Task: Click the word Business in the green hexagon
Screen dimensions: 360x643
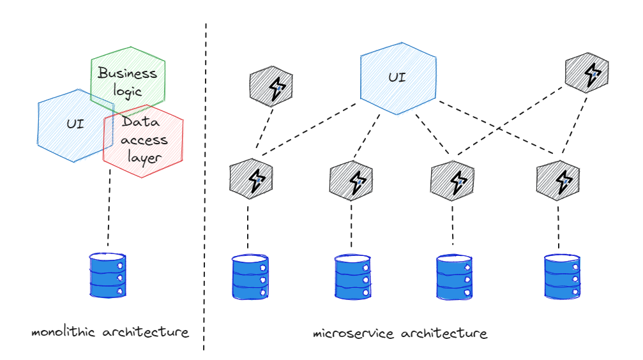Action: coord(127,73)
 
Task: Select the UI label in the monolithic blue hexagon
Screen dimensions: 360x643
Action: coord(75,124)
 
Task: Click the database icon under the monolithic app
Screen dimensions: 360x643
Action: coord(108,275)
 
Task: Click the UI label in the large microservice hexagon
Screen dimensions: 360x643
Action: coord(397,79)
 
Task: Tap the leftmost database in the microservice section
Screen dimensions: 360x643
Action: coord(250,278)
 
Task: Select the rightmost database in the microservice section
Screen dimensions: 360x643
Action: coord(562,276)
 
